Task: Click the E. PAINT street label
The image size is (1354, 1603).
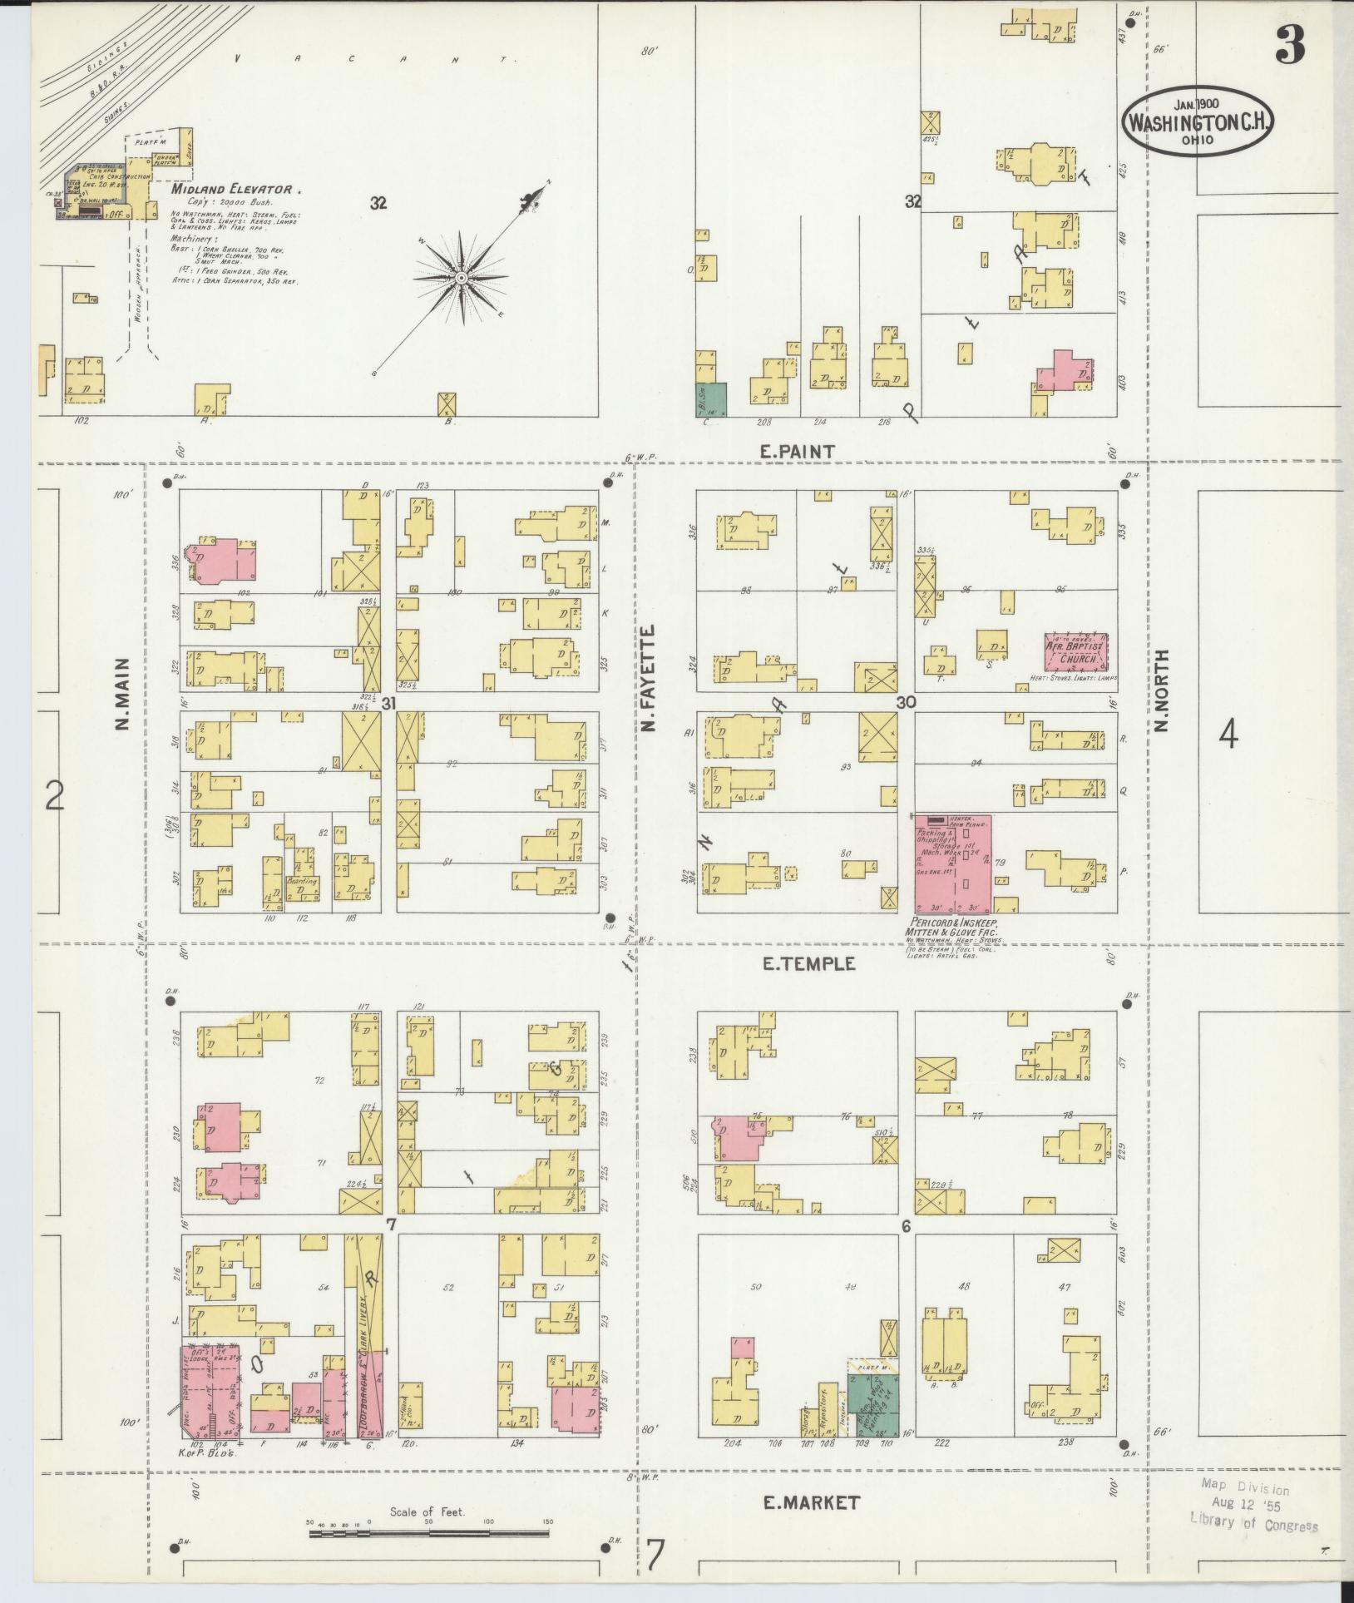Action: point(797,451)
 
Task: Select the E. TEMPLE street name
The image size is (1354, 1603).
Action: point(808,964)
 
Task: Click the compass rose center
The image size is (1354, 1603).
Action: point(459,276)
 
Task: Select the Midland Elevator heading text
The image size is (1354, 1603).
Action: point(231,190)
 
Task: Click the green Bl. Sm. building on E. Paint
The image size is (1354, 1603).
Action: point(711,399)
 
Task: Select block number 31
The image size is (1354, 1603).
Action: point(388,704)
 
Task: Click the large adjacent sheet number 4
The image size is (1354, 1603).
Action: point(1228,734)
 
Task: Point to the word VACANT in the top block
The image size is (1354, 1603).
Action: point(376,59)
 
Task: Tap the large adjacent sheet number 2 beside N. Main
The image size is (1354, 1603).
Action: point(54,795)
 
